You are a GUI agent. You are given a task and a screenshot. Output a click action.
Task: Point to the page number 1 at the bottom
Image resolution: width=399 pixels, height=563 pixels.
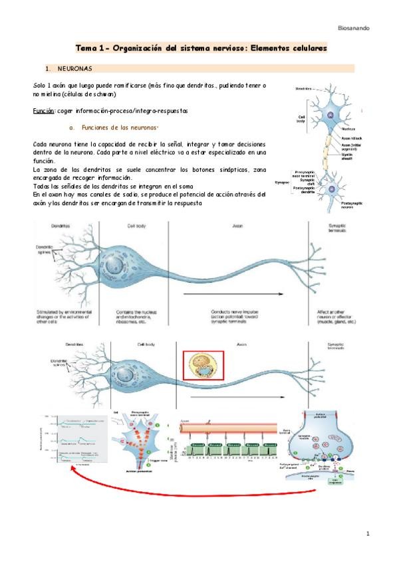point(368,534)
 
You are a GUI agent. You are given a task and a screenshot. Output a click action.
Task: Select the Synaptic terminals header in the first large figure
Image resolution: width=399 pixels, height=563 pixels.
point(338,229)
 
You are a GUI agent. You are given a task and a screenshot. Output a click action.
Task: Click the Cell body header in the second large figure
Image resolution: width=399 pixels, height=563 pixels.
point(137,345)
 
